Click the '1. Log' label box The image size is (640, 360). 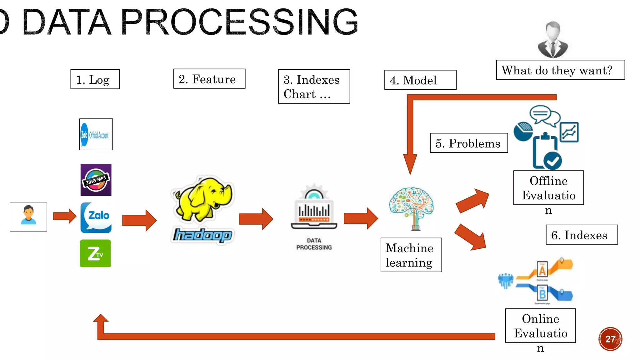pyautogui.click(x=95, y=79)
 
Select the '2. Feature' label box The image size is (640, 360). pyautogui.click(x=209, y=79)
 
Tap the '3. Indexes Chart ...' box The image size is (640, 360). pyautogui.click(x=314, y=87)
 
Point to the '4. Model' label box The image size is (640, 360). pyautogui.click(x=420, y=80)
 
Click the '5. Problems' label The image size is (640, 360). pyautogui.click(x=468, y=143)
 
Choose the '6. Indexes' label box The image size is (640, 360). pyautogui.click(x=582, y=235)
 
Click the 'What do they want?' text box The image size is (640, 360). pyautogui.click(x=560, y=70)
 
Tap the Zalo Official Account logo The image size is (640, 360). pyautogui.click(x=96, y=134)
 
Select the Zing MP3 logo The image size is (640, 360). pyautogui.click(x=96, y=180)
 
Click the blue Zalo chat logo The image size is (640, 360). pyautogui.click(x=96, y=217)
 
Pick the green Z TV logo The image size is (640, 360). pyautogui.click(x=95, y=253)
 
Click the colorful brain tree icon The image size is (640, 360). pyautogui.click(x=411, y=207)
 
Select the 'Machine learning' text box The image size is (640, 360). pyautogui.click(x=411, y=255)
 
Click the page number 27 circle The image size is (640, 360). pyautogui.click(x=610, y=339)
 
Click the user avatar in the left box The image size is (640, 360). pyautogui.click(x=28, y=216)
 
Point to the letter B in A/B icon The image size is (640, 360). pyautogui.click(x=542, y=294)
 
